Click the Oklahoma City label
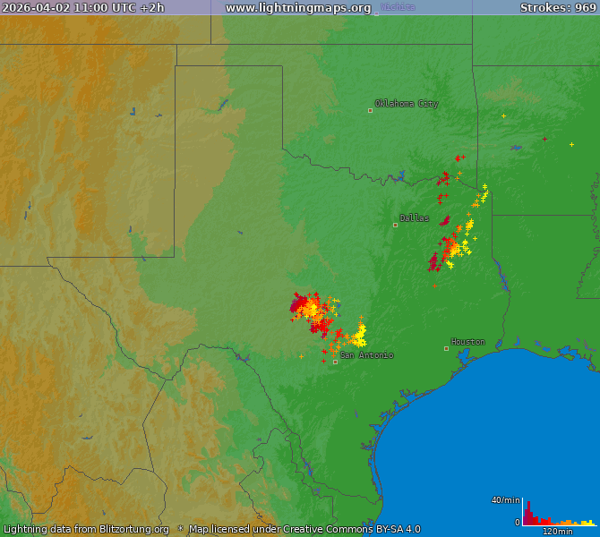click(x=407, y=104)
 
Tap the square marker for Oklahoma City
click(x=370, y=111)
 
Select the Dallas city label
click(x=414, y=218)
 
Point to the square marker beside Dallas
click(x=395, y=225)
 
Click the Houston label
click(x=467, y=342)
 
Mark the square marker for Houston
click(x=446, y=348)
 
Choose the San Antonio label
click(x=366, y=355)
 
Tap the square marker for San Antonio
click(x=335, y=362)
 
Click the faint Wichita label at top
click(x=398, y=7)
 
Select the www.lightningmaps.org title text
click(x=298, y=8)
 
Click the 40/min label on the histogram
click(x=505, y=499)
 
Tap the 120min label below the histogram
click(x=558, y=532)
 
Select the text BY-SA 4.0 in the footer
click(x=394, y=529)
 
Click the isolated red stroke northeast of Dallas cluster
click(x=544, y=139)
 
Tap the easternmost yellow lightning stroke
click(x=571, y=144)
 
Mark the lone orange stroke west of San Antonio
click(x=301, y=356)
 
